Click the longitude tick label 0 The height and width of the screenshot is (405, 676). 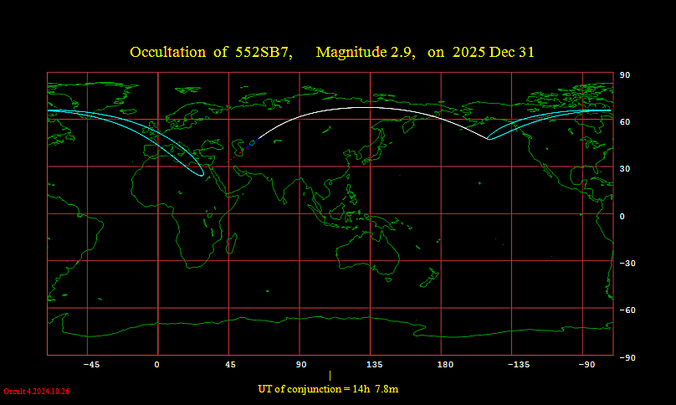click(x=156, y=365)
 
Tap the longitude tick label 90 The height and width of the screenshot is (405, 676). click(x=301, y=365)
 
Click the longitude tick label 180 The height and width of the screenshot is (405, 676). click(x=445, y=365)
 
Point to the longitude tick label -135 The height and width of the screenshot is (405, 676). click(x=519, y=365)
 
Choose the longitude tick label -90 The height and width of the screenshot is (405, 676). click(x=590, y=365)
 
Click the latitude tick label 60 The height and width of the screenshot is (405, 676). click(x=624, y=122)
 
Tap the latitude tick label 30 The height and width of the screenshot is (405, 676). click(x=624, y=169)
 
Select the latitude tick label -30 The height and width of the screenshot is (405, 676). click(x=626, y=264)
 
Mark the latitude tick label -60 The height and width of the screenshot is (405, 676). click(x=626, y=310)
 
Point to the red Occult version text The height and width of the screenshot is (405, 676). click(x=37, y=391)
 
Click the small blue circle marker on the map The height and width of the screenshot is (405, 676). click(x=252, y=143)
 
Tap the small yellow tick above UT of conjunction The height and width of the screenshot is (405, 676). click(x=330, y=376)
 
